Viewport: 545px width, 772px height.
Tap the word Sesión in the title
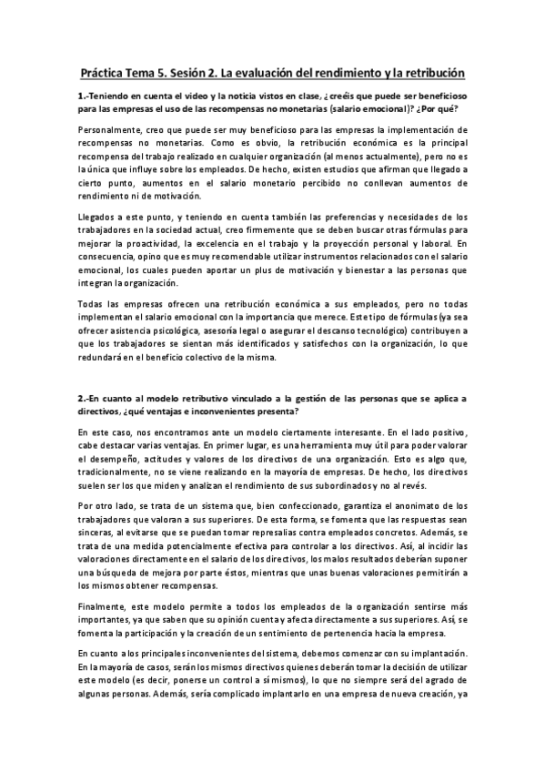point(201,70)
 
